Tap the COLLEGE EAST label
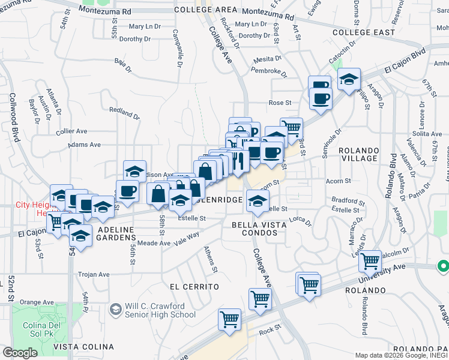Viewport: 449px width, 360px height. [363, 32]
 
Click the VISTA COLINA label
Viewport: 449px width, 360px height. [84, 347]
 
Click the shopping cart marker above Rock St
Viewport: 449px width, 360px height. [229, 319]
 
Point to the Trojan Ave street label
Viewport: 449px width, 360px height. [94, 274]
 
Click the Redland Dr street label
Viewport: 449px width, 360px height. [124, 113]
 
